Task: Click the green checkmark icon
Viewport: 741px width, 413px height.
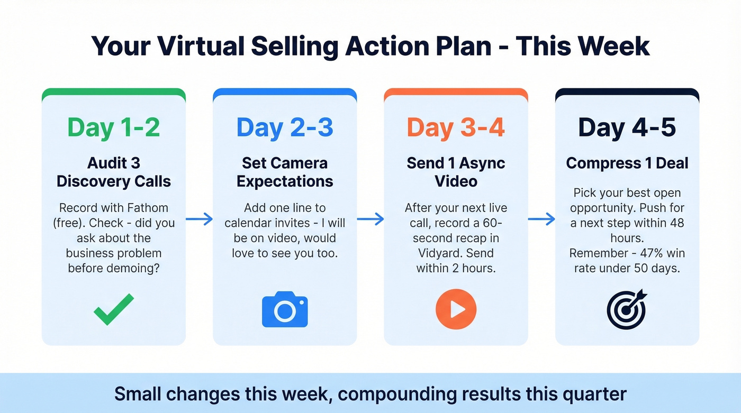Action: click(113, 309)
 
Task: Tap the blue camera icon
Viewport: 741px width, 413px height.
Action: click(285, 309)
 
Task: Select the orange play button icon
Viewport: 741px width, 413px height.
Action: click(456, 309)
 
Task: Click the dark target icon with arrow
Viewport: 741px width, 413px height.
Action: click(627, 309)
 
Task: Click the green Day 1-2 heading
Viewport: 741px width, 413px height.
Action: click(113, 128)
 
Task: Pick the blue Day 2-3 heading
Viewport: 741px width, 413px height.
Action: click(285, 128)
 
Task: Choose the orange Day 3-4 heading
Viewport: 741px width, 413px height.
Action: click(456, 128)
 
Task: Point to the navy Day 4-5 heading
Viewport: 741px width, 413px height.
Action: click(627, 128)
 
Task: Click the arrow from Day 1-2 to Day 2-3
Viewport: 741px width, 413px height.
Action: click(199, 219)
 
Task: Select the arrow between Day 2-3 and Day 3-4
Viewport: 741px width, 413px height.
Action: click(370, 219)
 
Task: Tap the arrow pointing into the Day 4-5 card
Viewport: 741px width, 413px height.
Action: click(541, 219)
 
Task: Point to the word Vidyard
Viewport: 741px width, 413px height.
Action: click(435, 253)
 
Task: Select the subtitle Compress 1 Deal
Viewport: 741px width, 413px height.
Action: click(627, 163)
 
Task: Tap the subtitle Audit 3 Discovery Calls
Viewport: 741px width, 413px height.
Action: click(113, 172)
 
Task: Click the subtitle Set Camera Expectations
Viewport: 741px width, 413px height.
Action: click(285, 172)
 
